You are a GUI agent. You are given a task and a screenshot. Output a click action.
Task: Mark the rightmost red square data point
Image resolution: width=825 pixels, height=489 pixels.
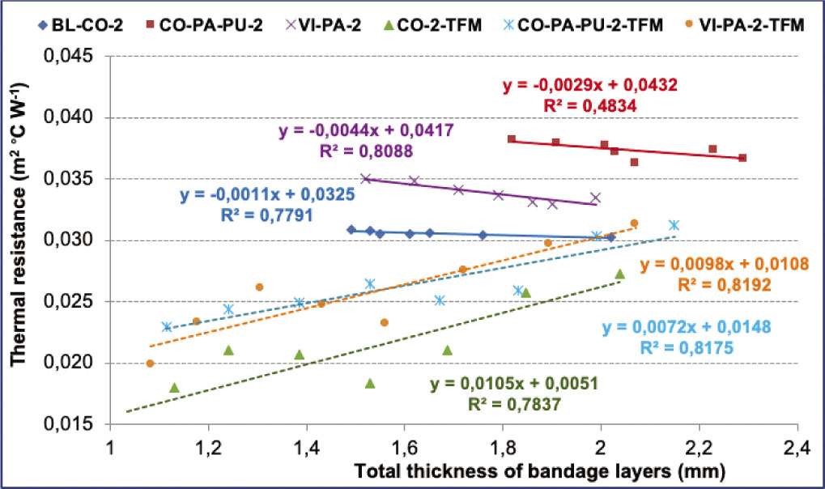(742, 158)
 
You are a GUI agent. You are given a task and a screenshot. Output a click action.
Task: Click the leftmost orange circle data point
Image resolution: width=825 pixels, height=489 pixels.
(150, 364)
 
